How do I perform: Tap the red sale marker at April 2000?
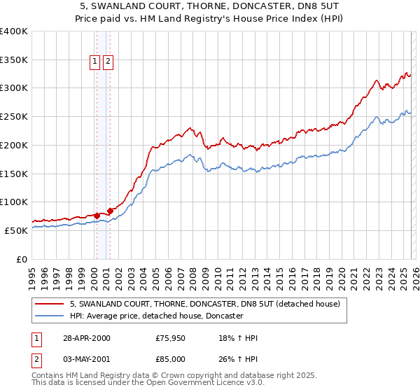pyautogui.click(x=97, y=216)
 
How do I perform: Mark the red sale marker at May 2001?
pyautogui.click(x=110, y=211)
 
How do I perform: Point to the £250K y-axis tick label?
pyautogui.click(x=14, y=116)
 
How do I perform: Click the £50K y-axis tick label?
pyautogui.click(x=16, y=230)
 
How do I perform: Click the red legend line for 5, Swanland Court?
pyautogui.click(x=50, y=304)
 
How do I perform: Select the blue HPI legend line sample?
pyautogui.click(x=50, y=316)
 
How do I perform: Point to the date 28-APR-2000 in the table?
pyautogui.click(x=85, y=339)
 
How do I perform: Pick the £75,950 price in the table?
pyautogui.click(x=171, y=339)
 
